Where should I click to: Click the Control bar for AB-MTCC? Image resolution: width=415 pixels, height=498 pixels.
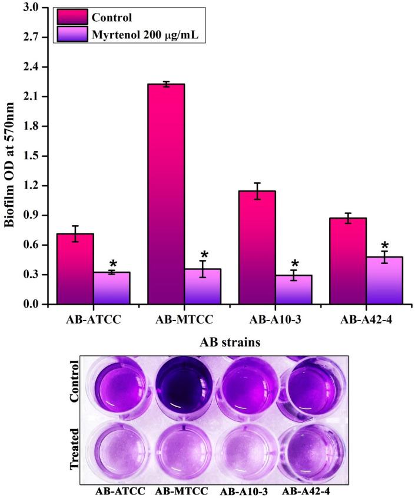[x=166, y=194]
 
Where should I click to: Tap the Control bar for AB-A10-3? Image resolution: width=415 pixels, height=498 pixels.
[x=257, y=248]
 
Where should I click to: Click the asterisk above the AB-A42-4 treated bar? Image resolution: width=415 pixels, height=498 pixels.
[x=384, y=246]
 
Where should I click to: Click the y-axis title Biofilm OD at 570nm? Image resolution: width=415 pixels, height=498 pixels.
[x=10, y=156]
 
